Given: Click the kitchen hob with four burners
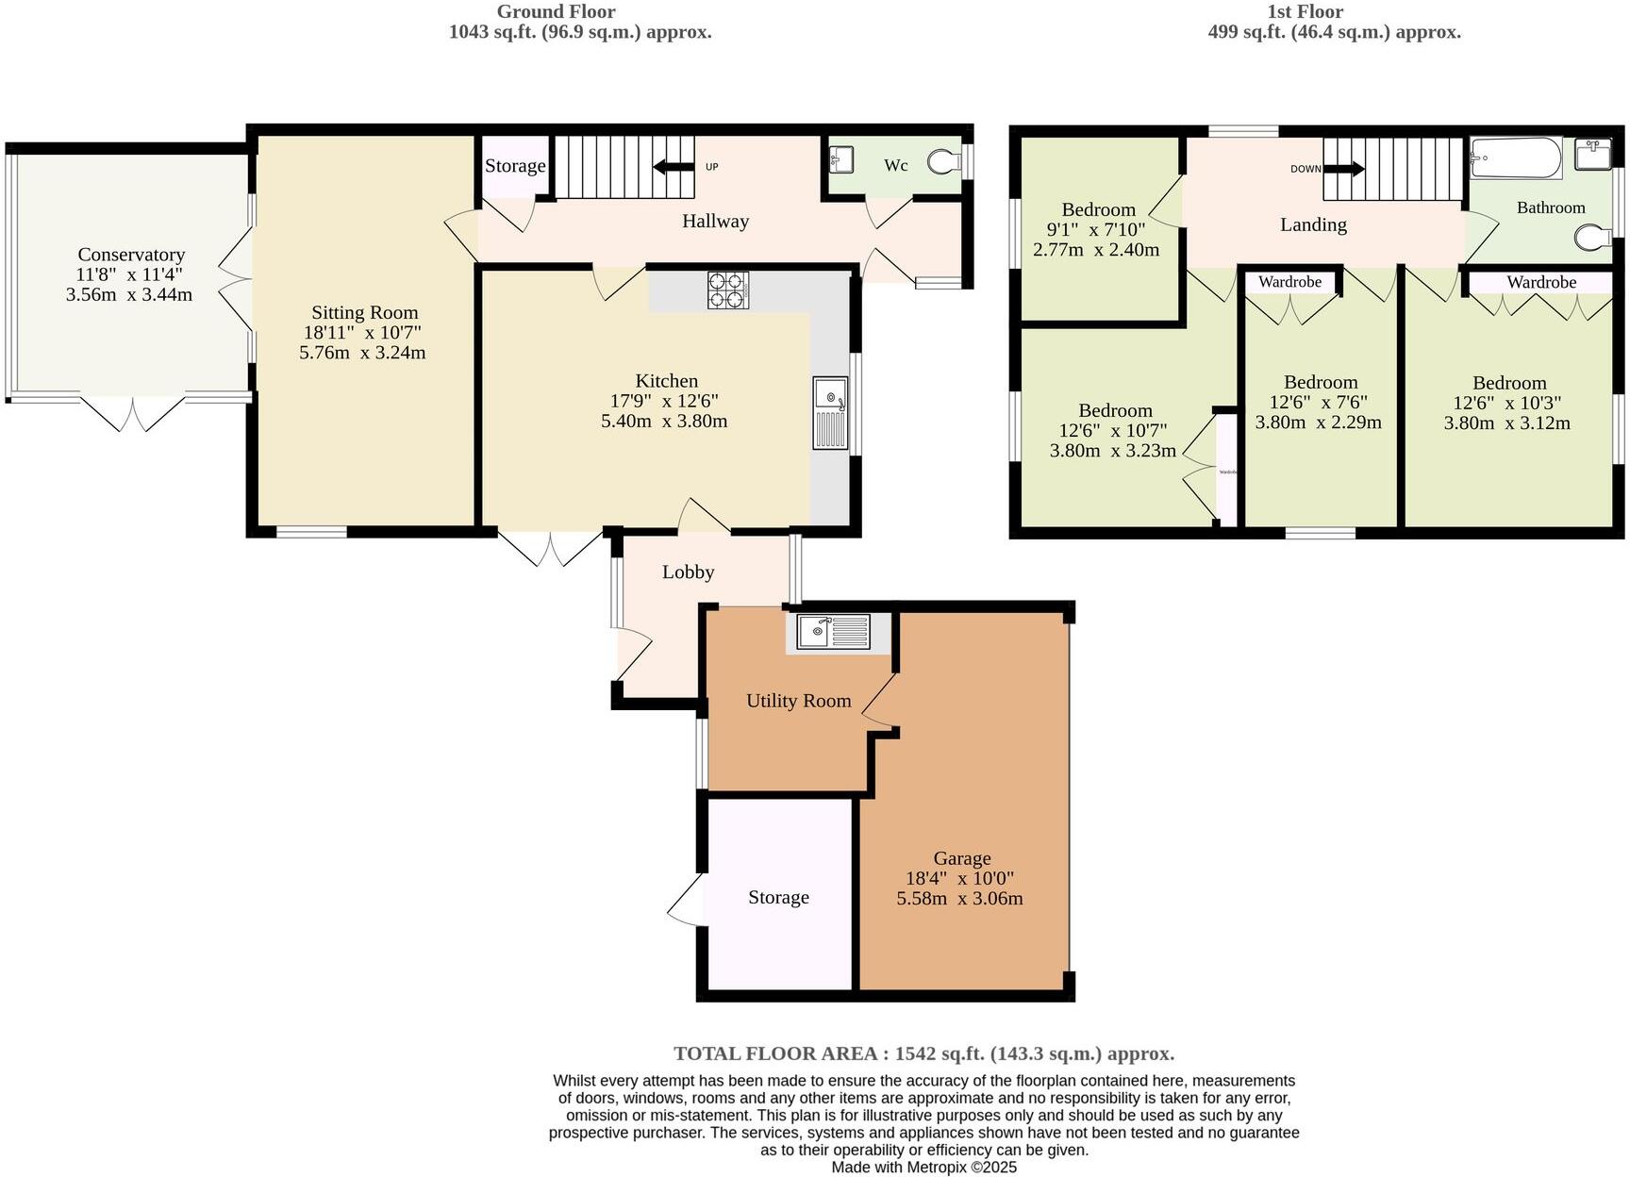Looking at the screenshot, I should point(728,290).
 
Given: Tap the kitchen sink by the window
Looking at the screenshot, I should point(831,414).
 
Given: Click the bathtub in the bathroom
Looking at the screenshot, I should point(1516,158).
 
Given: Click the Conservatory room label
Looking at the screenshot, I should point(131,255).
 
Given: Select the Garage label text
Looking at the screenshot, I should point(961,858).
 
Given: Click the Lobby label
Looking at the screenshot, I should point(688,572).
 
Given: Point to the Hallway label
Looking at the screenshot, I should point(715,222).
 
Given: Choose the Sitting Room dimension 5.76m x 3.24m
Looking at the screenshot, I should point(362,353).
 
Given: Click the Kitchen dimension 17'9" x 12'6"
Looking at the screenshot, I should point(666,401).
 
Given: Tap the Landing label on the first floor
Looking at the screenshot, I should point(1313,224).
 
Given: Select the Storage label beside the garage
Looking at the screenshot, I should point(778,898).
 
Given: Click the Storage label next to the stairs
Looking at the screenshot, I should point(515,166).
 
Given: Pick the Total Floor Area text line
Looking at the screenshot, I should point(923,1053).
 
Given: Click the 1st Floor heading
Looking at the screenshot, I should point(1306,11).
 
